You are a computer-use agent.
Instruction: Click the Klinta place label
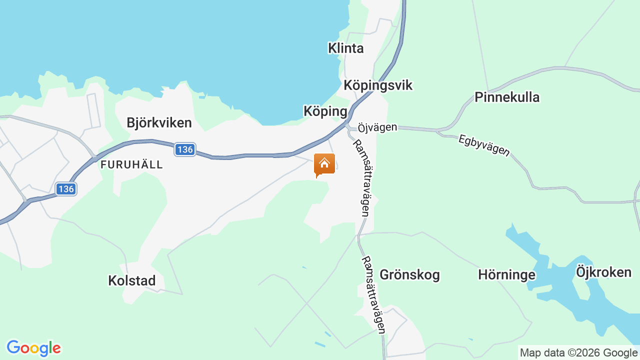(345, 48)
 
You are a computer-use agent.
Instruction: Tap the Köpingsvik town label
(378, 85)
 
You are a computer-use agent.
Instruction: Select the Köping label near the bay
(325, 111)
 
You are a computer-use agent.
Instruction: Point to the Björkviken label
(159, 122)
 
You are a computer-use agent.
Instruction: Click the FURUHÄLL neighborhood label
(131, 164)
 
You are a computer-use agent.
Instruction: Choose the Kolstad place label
(132, 280)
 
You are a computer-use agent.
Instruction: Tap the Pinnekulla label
(506, 97)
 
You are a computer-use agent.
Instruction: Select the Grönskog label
(409, 274)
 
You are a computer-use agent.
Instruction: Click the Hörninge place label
(506, 274)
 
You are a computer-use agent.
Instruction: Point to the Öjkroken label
(603, 272)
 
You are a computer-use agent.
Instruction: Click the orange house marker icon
(324, 164)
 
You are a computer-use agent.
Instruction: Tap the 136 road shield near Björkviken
(185, 149)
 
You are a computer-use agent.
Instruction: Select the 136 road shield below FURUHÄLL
(66, 189)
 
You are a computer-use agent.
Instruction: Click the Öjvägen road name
(377, 127)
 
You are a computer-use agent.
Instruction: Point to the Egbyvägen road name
(484, 145)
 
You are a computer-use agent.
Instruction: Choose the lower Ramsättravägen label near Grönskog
(373, 294)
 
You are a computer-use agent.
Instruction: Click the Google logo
(33, 348)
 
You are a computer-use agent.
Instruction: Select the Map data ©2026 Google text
(578, 352)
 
